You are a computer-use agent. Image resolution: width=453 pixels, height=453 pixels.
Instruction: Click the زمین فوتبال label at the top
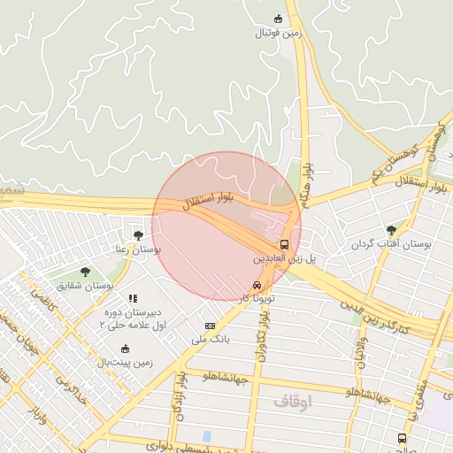click(x=279, y=33)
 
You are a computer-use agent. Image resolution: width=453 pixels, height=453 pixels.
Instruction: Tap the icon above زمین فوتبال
click(x=279, y=19)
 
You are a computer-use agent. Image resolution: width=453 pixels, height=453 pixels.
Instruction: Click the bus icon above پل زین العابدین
click(x=284, y=244)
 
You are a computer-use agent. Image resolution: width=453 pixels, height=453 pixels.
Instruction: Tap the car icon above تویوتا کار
click(x=257, y=286)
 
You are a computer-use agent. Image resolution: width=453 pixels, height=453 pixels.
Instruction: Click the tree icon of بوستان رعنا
click(x=138, y=234)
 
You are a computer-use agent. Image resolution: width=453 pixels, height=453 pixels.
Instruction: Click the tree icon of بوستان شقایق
click(x=85, y=272)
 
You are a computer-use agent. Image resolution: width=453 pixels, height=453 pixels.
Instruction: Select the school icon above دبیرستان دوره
click(x=133, y=299)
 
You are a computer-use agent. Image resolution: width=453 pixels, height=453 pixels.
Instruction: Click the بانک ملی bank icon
click(x=210, y=326)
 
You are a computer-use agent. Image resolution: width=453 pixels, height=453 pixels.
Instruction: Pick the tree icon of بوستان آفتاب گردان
click(x=391, y=229)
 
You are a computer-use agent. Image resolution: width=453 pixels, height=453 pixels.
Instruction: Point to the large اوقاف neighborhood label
click(x=293, y=402)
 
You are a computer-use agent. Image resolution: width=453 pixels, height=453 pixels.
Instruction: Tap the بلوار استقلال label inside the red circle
click(x=208, y=201)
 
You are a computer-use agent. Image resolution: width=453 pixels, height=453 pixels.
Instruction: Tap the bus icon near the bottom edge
click(x=403, y=438)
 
